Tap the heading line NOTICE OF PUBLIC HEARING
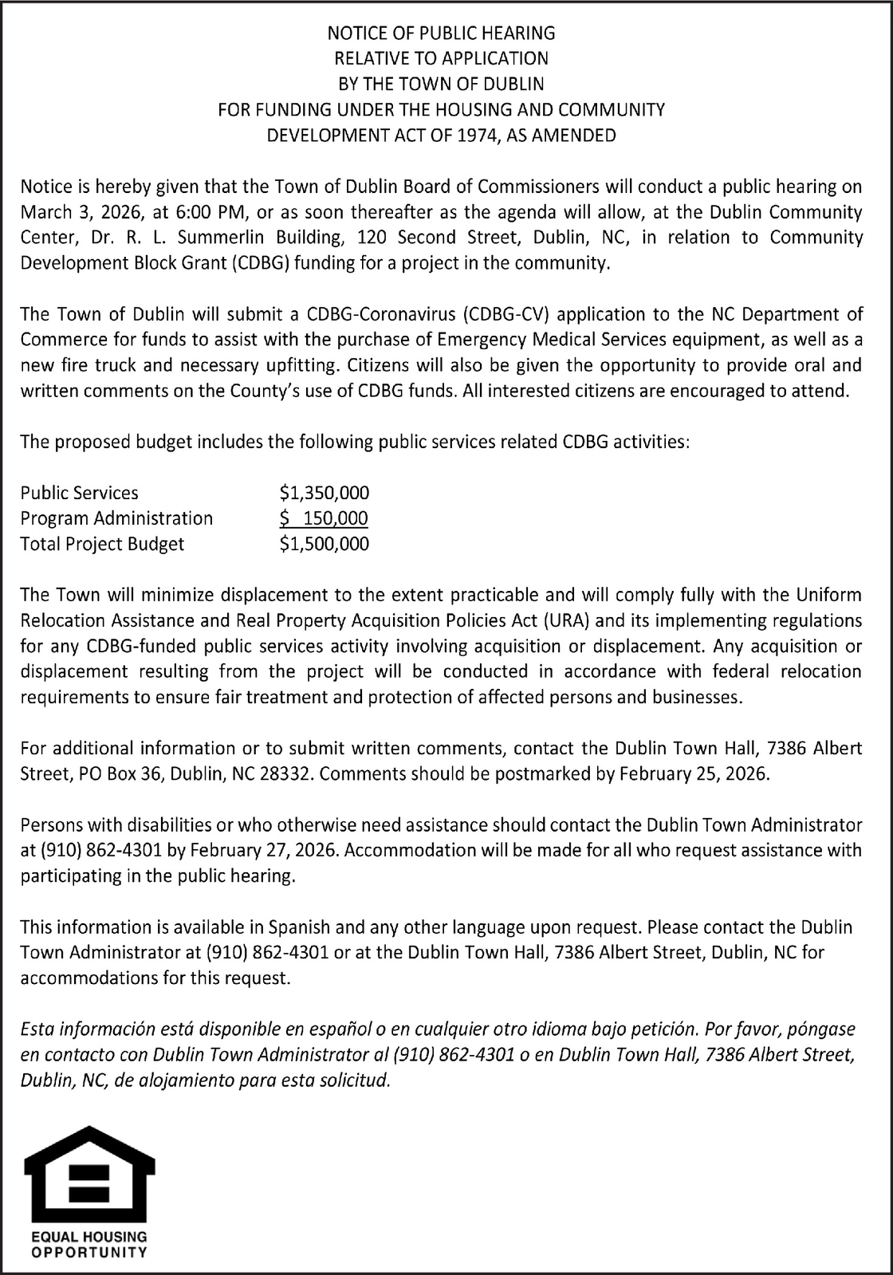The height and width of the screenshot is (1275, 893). pyautogui.click(x=441, y=33)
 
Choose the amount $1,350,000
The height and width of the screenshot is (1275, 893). pyautogui.click(x=325, y=493)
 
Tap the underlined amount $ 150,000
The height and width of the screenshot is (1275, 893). pyautogui.click(x=324, y=518)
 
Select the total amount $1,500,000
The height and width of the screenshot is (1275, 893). pyautogui.click(x=325, y=544)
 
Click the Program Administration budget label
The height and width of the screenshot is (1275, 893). pyautogui.click(x=116, y=518)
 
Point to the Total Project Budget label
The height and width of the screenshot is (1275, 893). pyautogui.click(x=102, y=544)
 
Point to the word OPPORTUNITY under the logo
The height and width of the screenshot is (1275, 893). pyautogui.click(x=89, y=1252)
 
